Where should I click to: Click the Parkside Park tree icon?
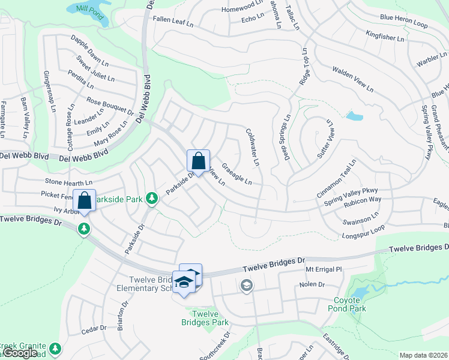152,197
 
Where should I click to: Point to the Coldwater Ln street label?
253,146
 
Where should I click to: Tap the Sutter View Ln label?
324,139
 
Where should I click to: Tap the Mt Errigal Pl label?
323,270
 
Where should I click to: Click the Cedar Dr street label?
94,328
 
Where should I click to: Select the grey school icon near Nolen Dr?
246,286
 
